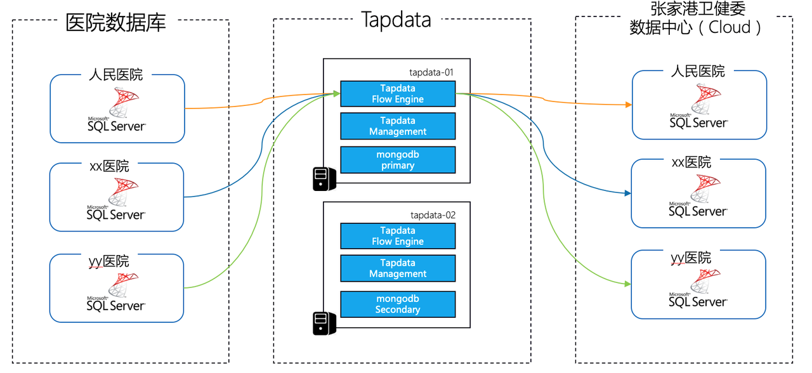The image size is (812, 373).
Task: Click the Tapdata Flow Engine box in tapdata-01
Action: [x=398, y=94]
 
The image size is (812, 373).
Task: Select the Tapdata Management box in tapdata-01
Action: [x=398, y=126]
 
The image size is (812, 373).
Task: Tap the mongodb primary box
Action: [x=398, y=160]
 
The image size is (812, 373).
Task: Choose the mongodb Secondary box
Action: [x=398, y=304]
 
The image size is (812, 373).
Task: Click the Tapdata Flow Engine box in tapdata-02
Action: [x=398, y=236]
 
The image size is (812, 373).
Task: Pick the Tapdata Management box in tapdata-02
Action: [x=398, y=268]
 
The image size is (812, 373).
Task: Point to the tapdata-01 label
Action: [x=432, y=72]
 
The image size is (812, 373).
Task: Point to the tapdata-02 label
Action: [x=433, y=215]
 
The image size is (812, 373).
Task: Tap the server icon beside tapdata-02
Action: [x=324, y=323]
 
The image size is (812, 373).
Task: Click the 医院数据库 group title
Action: [x=116, y=23]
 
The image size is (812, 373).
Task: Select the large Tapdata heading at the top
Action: [x=396, y=20]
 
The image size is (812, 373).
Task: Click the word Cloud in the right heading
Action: [x=730, y=27]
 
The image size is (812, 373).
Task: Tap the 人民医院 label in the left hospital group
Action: [x=116, y=75]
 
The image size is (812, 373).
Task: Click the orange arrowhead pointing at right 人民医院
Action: [x=628, y=104]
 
